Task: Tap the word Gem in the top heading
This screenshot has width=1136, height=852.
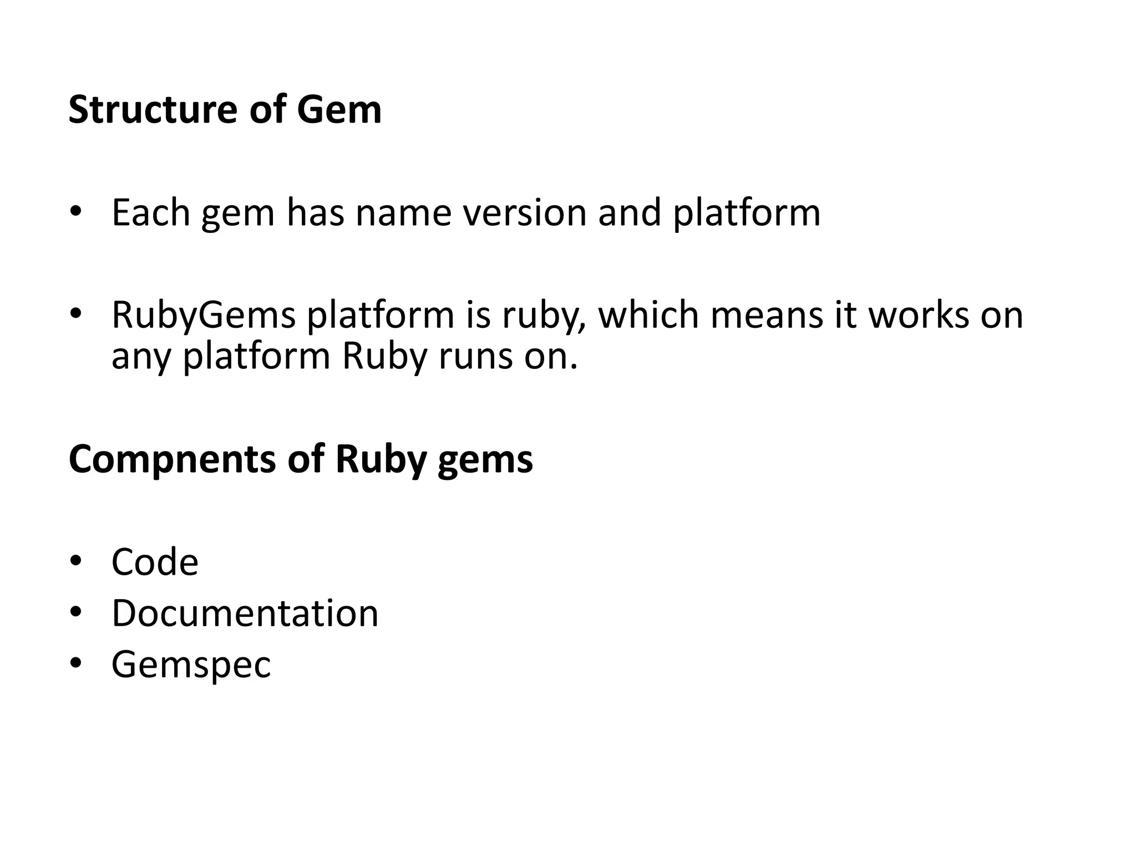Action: pos(339,109)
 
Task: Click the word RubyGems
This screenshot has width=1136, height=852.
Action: pos(203,315)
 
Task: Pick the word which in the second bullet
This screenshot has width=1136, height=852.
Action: pos(647,315)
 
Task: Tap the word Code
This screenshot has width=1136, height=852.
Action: pos(155,562)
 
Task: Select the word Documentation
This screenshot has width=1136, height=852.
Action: pos(245,613)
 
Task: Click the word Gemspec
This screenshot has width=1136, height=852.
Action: pos(191,665)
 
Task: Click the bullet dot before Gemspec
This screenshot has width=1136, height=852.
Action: pos(75,663)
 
